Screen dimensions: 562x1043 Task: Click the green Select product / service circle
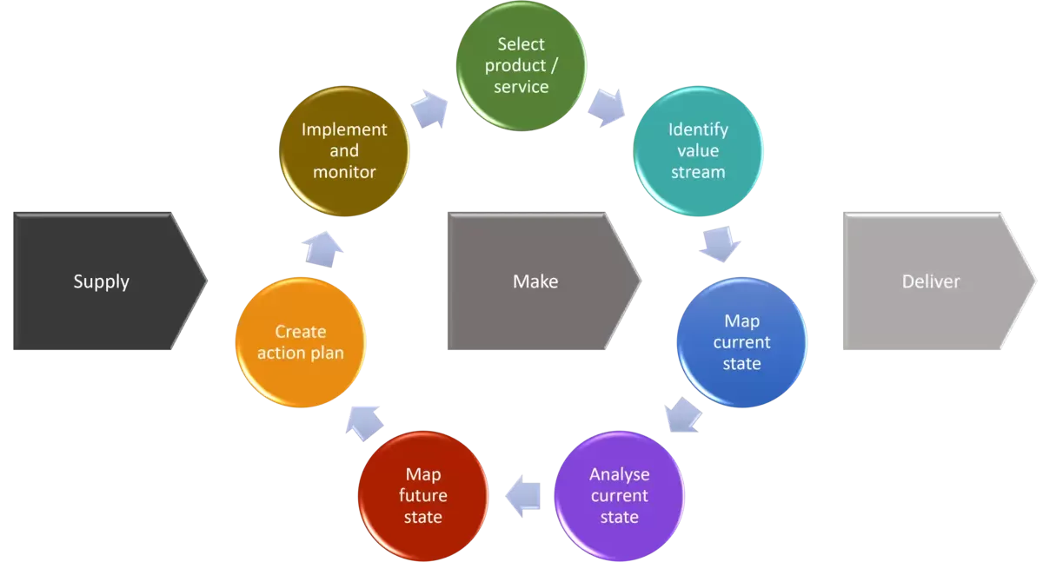(x=521, y=65)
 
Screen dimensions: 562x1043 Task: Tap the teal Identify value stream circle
(x=698, y=151)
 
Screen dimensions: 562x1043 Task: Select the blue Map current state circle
(x=741, y=342)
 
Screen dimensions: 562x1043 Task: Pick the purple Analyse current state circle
(x=619, y=495)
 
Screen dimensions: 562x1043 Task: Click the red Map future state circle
(x=422, y=495)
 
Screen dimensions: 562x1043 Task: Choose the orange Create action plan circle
(x=301, y=342)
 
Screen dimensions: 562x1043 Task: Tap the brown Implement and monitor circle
(x=344, y=151)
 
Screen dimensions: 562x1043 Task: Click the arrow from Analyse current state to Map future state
(x=523, y=495)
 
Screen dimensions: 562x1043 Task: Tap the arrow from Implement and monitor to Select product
(x=428, y=107)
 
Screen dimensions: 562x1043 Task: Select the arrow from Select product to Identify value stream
(x=606, y=107)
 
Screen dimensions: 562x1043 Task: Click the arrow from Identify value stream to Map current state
(x=720, y=243)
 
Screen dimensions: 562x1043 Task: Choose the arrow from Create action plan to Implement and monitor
(x=322, y=248)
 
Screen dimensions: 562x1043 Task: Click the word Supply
(x=101, y=281)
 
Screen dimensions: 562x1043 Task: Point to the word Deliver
(x=931, y=281)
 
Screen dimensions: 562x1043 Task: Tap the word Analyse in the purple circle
(x=619, y=474)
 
